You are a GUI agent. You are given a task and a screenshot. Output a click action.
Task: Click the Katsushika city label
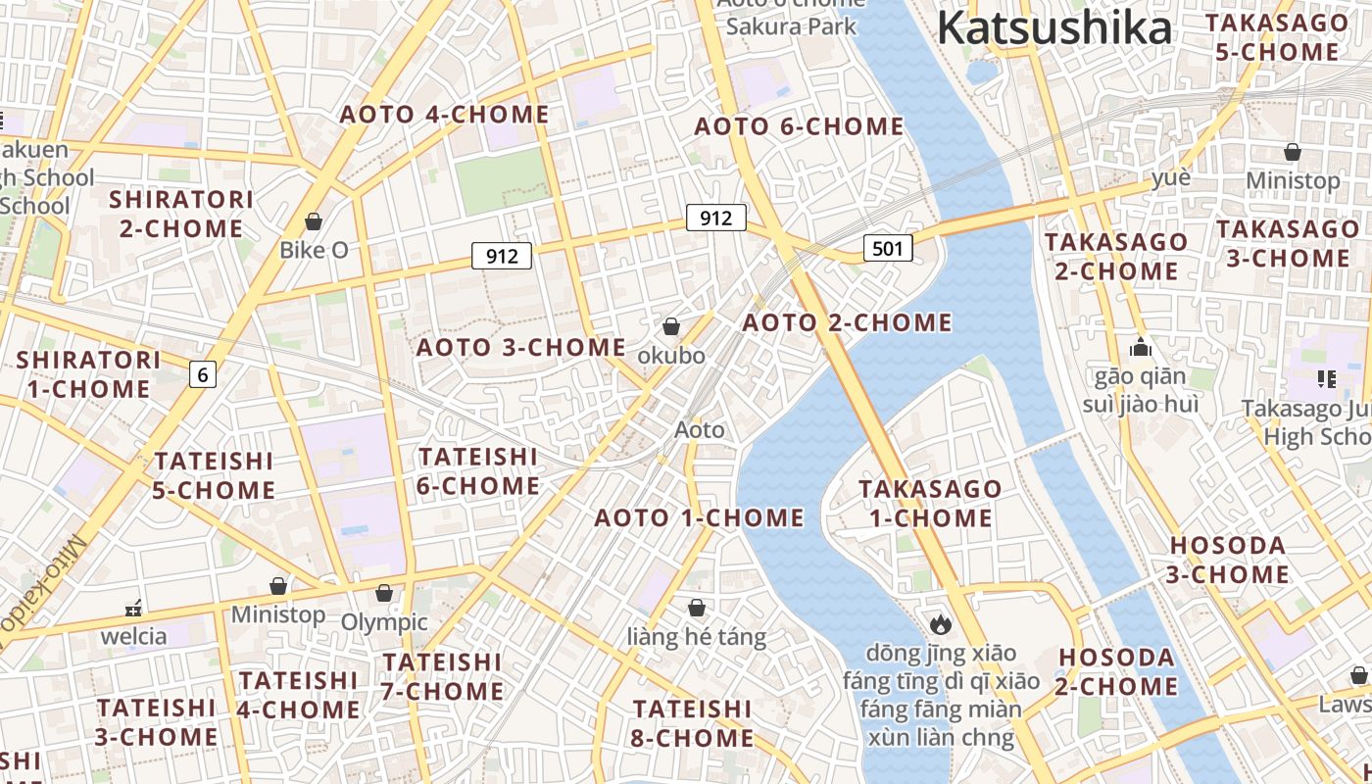click(1053, 28)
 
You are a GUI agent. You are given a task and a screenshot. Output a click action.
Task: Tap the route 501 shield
click(888, 248)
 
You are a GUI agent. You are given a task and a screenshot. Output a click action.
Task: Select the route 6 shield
click(202, 373)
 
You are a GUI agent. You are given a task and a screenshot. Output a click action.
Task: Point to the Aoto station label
click(700, 429)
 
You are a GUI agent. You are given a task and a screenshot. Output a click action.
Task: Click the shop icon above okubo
click(671, 326)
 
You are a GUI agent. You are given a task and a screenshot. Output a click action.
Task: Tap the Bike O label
click(314, 250)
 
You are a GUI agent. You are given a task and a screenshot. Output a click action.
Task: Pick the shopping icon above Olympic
click(384, 594)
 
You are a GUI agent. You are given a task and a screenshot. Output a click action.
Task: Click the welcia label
click(134, 636)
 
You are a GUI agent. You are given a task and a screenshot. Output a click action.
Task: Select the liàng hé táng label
click(696, 637)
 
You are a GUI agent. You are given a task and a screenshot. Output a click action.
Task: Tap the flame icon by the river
click(940, 623)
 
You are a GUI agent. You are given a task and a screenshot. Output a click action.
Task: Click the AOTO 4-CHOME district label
click(444, 115)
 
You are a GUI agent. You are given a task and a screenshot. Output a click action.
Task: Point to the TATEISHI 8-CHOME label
click(693, 722)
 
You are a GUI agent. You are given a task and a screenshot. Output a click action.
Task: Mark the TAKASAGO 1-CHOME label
click(930, 503)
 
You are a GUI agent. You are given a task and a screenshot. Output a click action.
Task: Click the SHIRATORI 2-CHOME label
click(181, 214)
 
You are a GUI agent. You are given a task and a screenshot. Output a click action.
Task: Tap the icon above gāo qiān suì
click(1140, 347)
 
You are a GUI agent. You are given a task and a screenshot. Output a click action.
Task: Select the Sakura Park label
click(791, 26)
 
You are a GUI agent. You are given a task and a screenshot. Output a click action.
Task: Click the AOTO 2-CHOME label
click(847, 322)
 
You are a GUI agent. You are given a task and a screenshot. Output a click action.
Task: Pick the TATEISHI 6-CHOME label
click(478, 471)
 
